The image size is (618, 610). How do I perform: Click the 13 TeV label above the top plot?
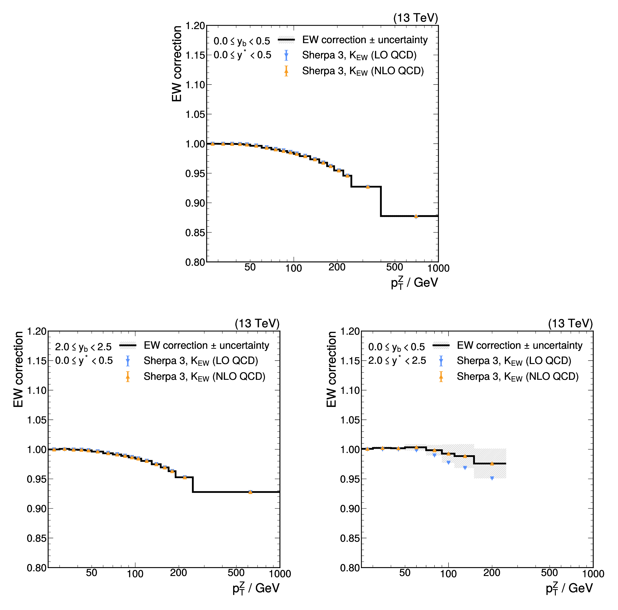[415, 18]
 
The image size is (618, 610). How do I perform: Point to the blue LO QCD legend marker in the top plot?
[286, 55]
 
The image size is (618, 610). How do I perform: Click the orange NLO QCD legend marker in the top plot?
[286, 71]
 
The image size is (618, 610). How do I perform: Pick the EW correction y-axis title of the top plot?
[177, 64]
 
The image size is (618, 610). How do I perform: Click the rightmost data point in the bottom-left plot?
[250, 492]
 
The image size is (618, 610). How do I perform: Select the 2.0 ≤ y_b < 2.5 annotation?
[83, 347]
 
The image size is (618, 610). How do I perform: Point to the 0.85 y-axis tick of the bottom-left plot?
[37, 539]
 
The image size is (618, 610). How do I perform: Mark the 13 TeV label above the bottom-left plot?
[257, 323]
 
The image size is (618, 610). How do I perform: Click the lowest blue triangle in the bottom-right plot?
[492, 478]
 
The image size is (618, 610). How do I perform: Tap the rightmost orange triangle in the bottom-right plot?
[492, 464]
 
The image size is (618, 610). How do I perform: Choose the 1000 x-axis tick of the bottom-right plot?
[593, 574]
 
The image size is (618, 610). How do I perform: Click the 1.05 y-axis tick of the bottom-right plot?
[350, 420]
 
